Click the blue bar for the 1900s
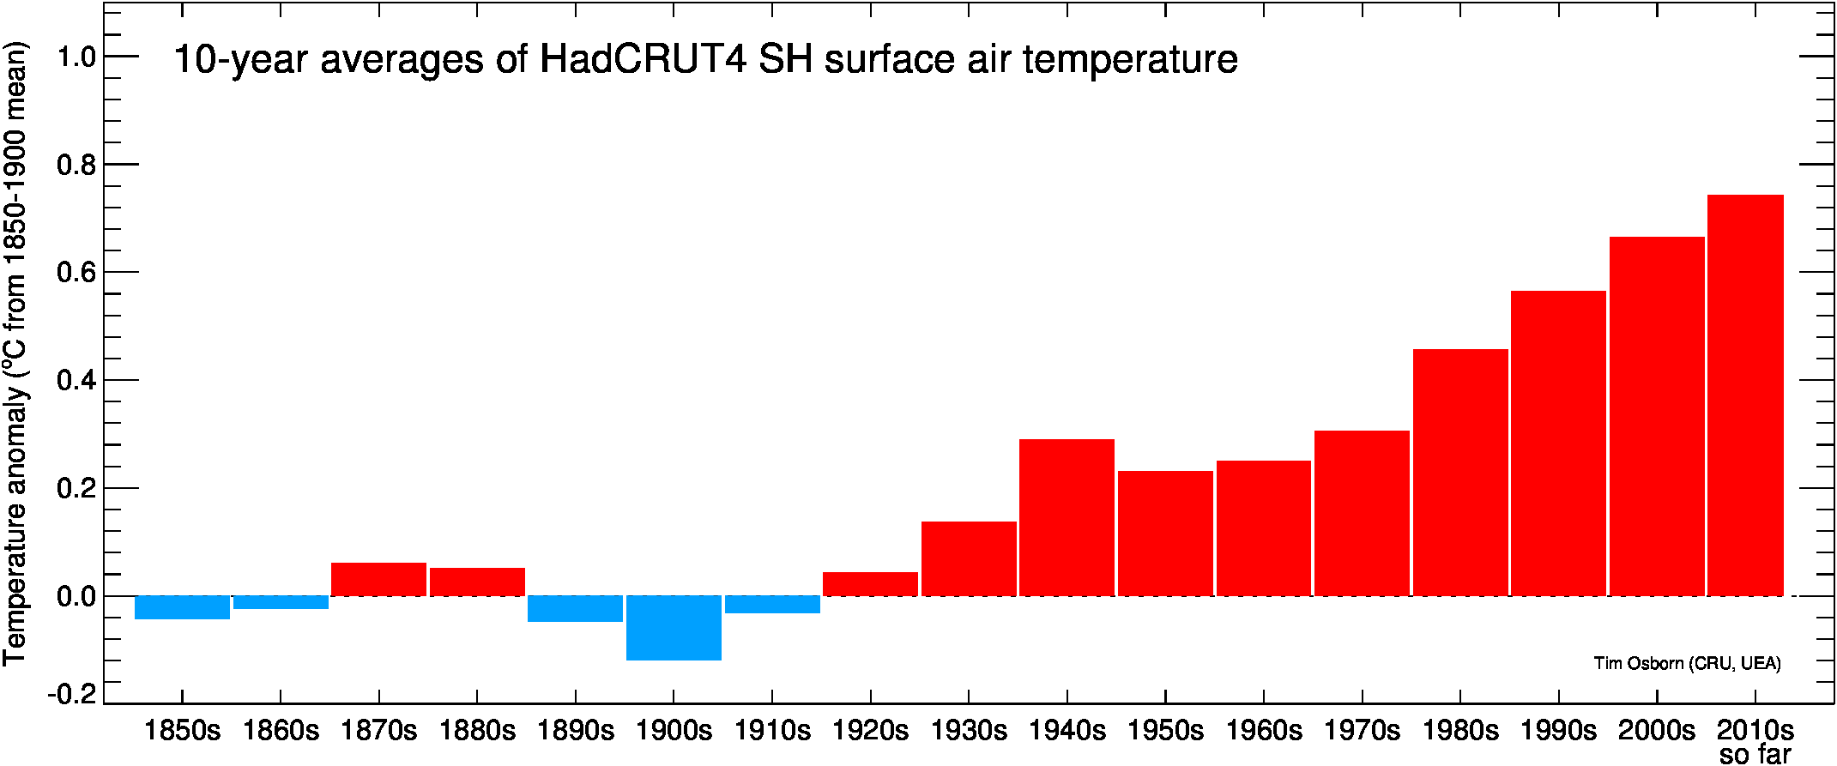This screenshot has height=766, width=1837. click(674, 628)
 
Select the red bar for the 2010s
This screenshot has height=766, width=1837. click(1745, 395)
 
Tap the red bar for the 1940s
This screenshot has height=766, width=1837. click(1067, 517)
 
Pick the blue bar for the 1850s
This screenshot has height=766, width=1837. click(182, 607)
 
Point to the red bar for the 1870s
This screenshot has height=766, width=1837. click(378, 579)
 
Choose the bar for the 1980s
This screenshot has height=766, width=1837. click(1460, 473)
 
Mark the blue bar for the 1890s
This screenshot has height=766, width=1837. click(575, 609)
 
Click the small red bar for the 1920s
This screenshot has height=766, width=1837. click(870, 584)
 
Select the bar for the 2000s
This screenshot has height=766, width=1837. click(1657, 416)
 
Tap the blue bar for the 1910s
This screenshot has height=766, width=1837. click(772, 605)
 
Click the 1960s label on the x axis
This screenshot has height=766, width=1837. click(1263, 731)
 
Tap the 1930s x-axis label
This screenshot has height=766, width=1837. click(969, 731)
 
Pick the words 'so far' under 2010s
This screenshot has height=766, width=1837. click(1755, 755)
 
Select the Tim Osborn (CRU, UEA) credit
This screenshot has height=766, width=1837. click(1687, 663)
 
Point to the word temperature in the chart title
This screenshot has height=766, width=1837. click(1130, 59)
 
